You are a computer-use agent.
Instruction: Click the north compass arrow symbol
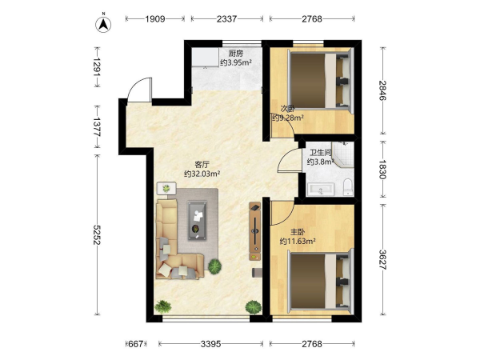pyautogui.click(x=103, y=24)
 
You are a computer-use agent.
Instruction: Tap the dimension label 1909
pyautogui.click(x=155, y=19)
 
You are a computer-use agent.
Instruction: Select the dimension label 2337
pyautogui.click(x=227, y=19)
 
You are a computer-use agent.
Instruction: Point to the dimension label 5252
pyautogui.click(x=97, y=234)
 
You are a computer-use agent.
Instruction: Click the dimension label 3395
pyautogui.click(x=210, y=344)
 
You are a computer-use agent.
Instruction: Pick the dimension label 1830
pyautogui.click(x=382, y=169)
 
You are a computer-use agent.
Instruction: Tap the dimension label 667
pyautogui.click(x=136, y=344)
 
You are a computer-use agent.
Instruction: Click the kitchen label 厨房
pyautogui.click(x=236, y=54)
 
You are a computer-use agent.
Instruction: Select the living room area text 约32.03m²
pyautogui.click(x=202, y=174)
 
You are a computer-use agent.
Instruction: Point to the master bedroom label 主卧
pyautogui.click(x=298, y=232)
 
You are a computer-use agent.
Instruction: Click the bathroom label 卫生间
pyautogui.click(x=321, y=153)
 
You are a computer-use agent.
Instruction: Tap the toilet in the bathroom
pyautogui.click(x=348, y=187)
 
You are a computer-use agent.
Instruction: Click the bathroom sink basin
pyautogui.click(x=321, y=189)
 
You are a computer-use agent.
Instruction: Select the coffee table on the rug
pyautogui.click(x=197, y=221)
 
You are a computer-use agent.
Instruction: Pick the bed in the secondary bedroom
pyautogui.click(x=321, y=80)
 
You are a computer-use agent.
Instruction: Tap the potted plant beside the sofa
pyautogui.click(x=215, y=266)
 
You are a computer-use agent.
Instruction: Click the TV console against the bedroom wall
pyautogui.click(x=255, y=231)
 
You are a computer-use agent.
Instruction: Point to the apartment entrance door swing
pyautogui.click(x=139, y=89)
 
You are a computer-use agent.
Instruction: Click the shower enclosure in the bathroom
pyautogui.click(x=343, y=154)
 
